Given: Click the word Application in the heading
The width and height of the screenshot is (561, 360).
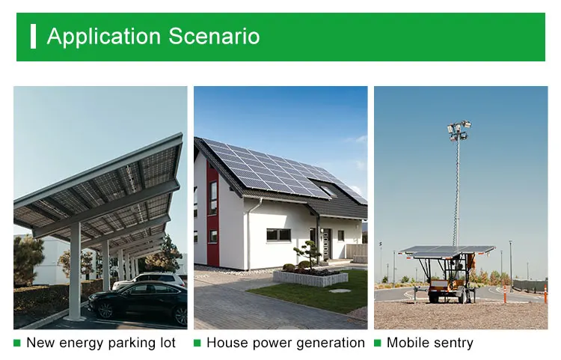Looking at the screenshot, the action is pyautogui.click(x=104, y=37).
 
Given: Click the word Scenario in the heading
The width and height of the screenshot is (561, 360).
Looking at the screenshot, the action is pyautogui.click(x=214, y=36).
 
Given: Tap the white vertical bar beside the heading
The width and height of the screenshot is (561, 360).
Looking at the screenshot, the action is pyautogui.click(x=33, y=36).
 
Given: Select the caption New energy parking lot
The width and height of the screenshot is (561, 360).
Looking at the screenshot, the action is pyautogui.click(x=101, y=343).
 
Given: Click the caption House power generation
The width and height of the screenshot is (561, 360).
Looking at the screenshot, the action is pyautogui.click(x=286, y=343).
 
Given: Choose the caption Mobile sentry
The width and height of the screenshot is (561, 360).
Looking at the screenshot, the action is pyautogui.click(x=429, y=343).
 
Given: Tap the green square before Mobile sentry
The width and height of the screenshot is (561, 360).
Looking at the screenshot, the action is pyautogui.click(x=378, y=343).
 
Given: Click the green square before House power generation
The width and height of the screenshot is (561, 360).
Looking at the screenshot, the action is pyautogui.click(x=197, y=343).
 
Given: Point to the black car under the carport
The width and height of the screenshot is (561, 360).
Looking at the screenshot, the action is pyautogui.click(x=138, y=302).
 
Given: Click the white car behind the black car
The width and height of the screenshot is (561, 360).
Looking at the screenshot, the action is pyautogui.click(x=150, y=279).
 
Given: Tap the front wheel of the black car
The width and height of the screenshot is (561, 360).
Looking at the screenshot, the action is pyautogui.click(x=105, y=311).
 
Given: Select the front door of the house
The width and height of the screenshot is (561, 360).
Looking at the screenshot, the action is pyautogui.click(x=326, y=244).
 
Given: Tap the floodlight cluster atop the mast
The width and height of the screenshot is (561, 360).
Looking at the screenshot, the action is pyautogui.click(x=459, y=130).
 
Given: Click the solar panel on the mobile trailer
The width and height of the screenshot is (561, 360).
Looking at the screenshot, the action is pyautogui.click(x=447, y=251).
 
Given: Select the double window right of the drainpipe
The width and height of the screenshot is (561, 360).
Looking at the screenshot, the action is pyautogui.click(x=278, y=235).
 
